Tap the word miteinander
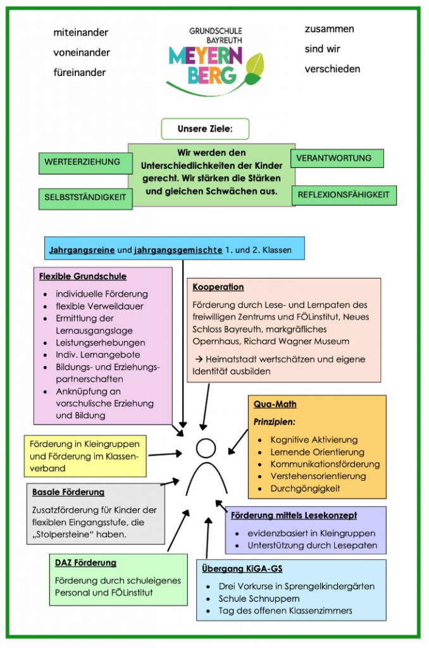click(80, 32)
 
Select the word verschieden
click(332, 68)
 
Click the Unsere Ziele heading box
click(205, 129)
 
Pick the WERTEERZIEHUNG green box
click(82, 162)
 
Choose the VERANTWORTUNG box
click(337, 158)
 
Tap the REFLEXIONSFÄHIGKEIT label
click(344, 195)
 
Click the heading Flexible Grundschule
click(83, 277)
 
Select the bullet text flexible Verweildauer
click(99, 306)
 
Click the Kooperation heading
click(218, 287)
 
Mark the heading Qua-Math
click(275, 404)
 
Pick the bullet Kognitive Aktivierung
click(314, 440)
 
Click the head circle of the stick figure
click(206, 448)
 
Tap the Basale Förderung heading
click(68, 492)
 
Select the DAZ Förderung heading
click(85, 563)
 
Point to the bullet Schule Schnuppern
click(259, 599)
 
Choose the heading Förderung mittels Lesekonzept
click(294, 515)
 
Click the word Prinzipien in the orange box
click(275, 421)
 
